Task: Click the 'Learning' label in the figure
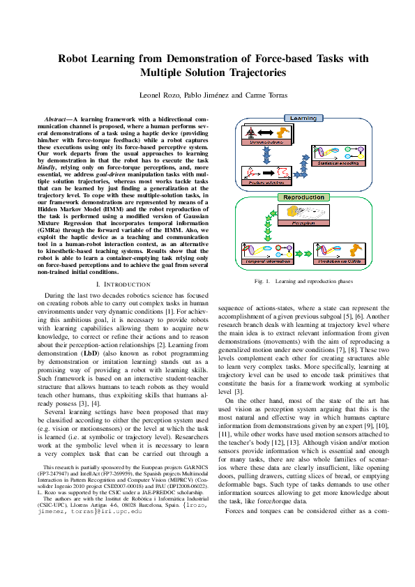[x=303, y=119]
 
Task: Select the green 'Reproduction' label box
[x=303, y=197]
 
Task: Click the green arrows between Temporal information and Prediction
[x=303, y=251]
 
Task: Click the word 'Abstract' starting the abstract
[x=56, y=120]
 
